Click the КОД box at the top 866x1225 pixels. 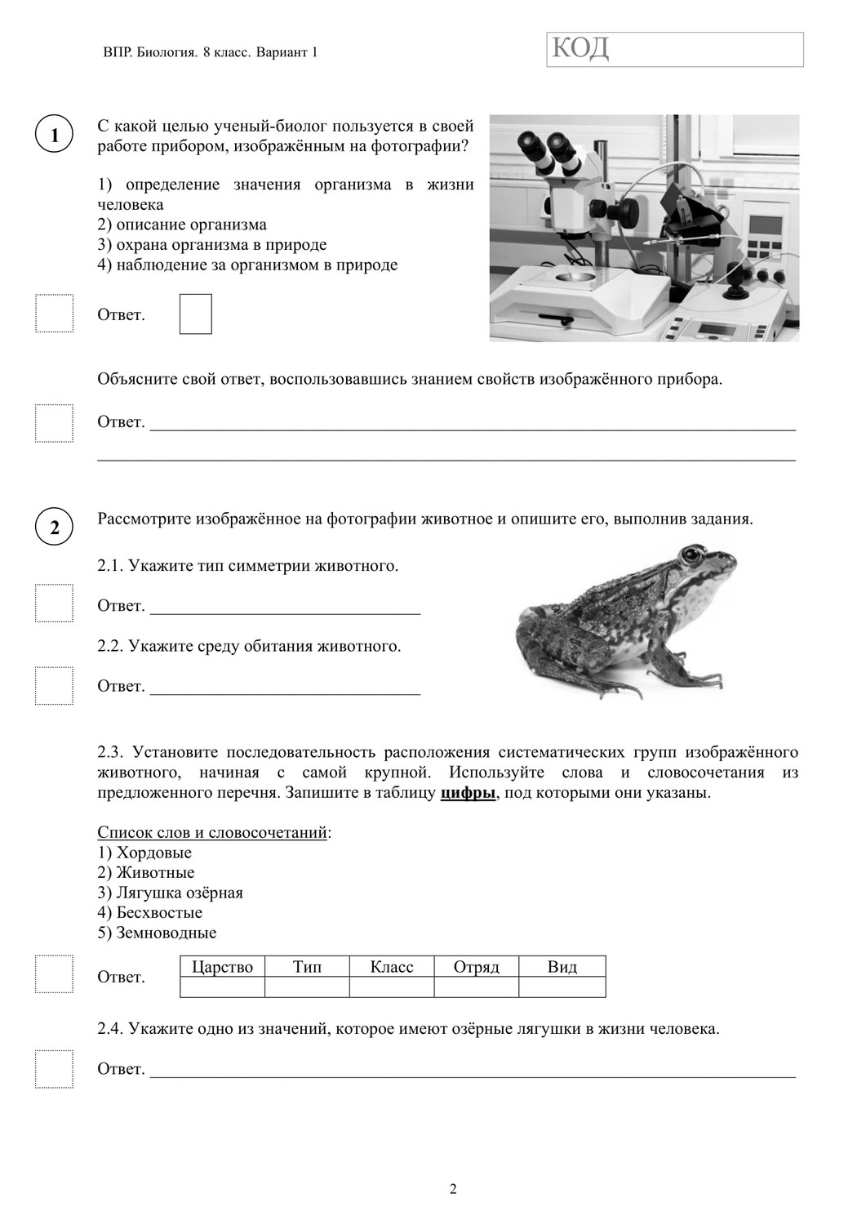(x=674, y=50)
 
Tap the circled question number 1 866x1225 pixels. (x=55, y=135)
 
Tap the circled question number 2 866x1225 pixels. (x=55, y=527)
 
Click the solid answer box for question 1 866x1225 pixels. (x=195, y=314)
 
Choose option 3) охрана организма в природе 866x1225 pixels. (x=211, y=245)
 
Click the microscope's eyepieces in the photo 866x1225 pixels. (x=547, y=148)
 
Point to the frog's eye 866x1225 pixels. (x=691, y=556)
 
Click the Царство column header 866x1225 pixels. (x=222, y=967)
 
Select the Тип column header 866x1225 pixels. (x=307, y=967)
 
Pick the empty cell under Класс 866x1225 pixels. (x=392, y=987)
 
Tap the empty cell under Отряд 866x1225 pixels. (x=476, y=987)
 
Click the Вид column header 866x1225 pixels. (x=562, y=967)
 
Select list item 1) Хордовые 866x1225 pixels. (x=144, y=853)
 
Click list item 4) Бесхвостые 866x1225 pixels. (x=149, y=913)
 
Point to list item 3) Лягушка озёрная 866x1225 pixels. (x=170, y=893)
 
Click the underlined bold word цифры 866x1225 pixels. (x=468, y=793)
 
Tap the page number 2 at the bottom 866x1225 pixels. (x=453, y=1189)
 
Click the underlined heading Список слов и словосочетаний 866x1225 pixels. (x=214, y=833)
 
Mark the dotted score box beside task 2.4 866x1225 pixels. (x=54, y=1069)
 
